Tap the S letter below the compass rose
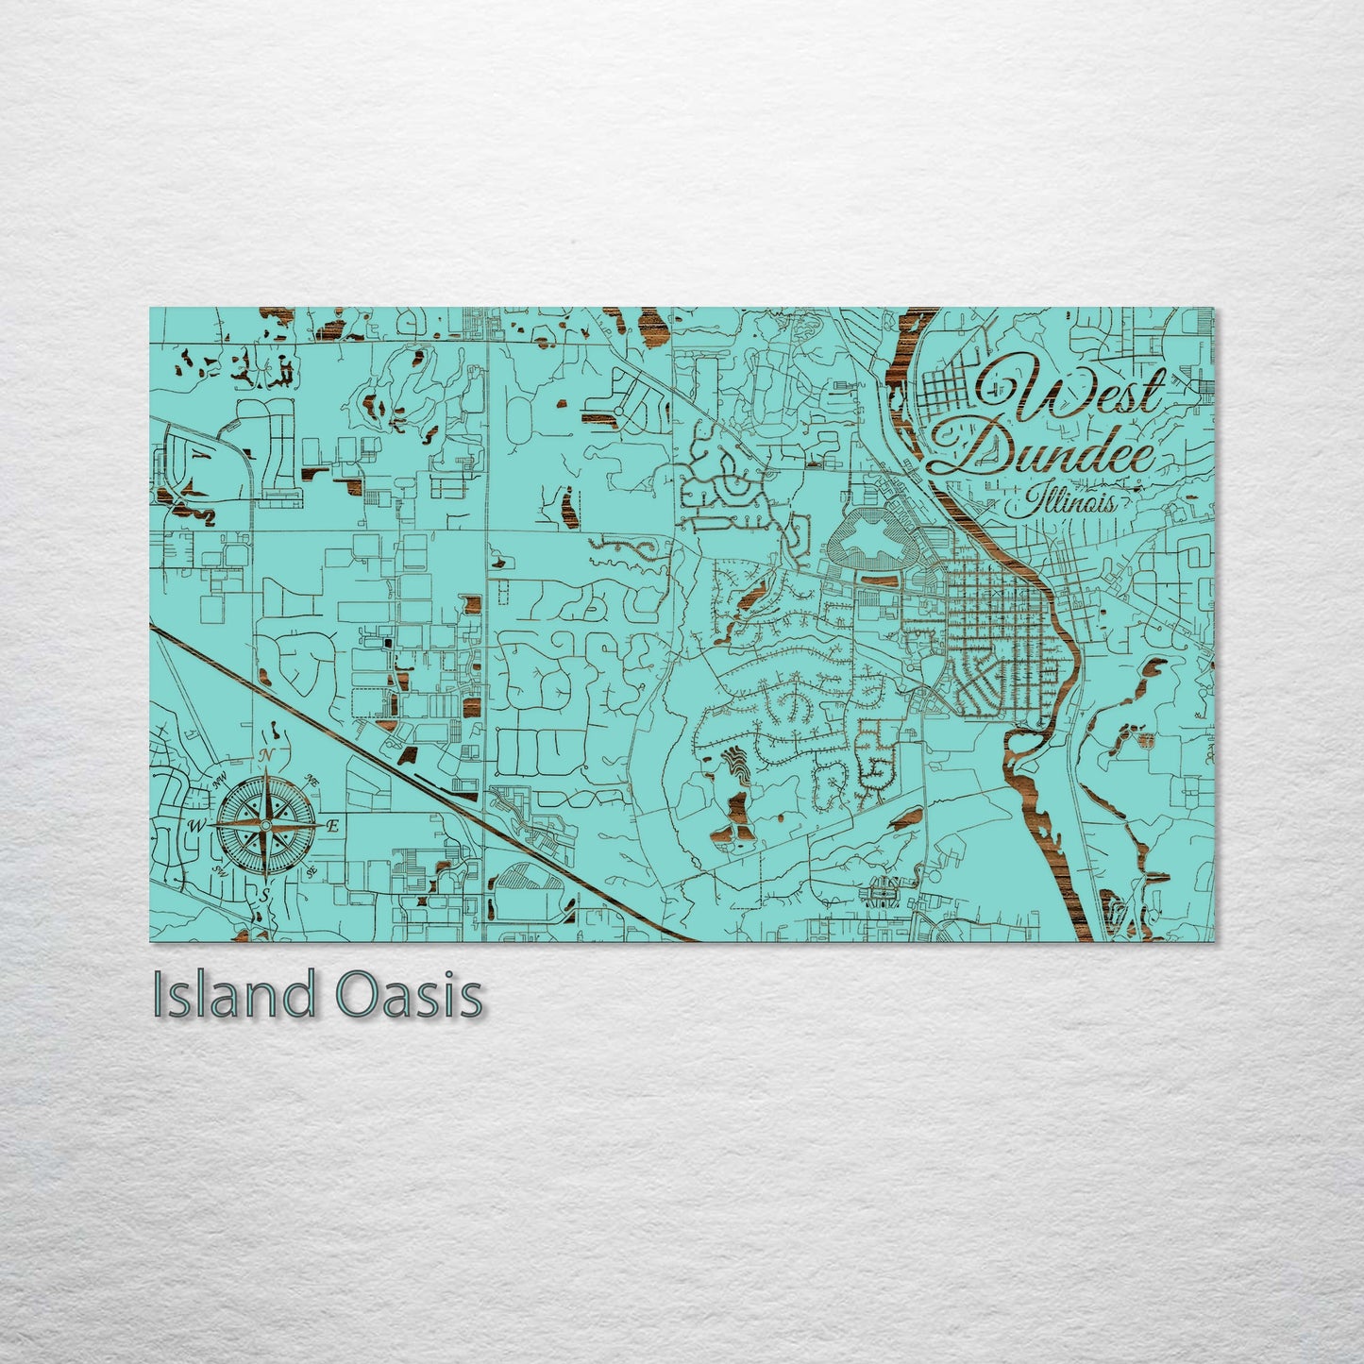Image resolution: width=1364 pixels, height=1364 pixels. pyautogui.click(x=267, y=893)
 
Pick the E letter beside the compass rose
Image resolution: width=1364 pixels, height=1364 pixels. pyautogui.click(x=331, y=826)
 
